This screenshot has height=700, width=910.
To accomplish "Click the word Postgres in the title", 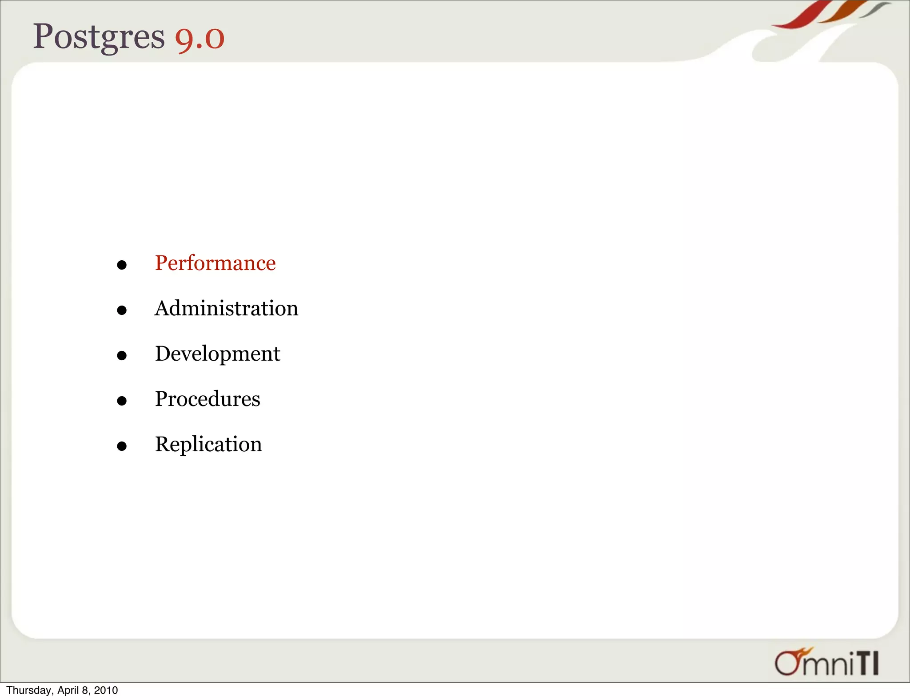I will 99,37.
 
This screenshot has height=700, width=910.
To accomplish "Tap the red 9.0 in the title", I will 200,38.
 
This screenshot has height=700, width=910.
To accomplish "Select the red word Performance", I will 215,263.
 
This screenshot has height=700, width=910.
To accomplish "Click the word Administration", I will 226,308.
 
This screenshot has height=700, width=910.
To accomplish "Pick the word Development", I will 217,354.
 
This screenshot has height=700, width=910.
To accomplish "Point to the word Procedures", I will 208,399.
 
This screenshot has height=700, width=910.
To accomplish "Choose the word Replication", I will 208,444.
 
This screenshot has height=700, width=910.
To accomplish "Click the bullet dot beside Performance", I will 122,266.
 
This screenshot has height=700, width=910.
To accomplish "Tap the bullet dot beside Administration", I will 122,310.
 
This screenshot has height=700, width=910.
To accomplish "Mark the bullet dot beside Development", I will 122,356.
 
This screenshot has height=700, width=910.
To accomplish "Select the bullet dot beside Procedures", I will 122,401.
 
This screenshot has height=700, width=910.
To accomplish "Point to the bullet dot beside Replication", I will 122,446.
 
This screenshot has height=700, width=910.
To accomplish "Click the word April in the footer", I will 68,690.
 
